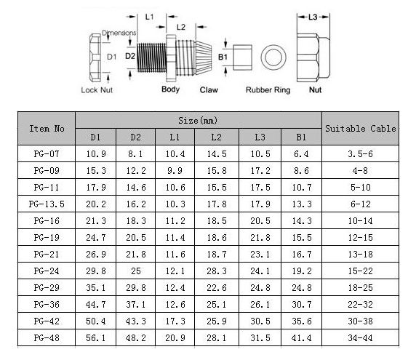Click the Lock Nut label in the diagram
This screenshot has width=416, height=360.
(97, 90)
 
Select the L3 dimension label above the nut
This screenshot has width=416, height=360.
(313, 17)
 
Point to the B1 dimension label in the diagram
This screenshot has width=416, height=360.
(223, 57)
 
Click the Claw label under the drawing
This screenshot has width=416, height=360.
(209, 90)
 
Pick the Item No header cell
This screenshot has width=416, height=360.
(47, 129)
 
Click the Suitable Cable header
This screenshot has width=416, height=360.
(360, 129)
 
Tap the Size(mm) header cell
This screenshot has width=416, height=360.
(199, 121)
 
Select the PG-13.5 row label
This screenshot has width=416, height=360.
(47, 204)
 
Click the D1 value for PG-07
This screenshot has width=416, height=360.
(96, 154)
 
